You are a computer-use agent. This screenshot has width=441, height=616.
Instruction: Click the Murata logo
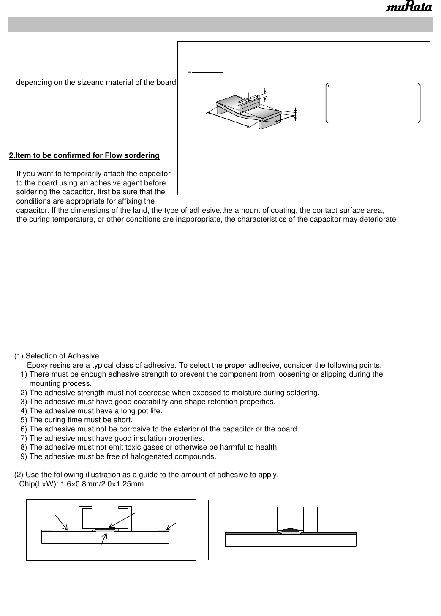409,8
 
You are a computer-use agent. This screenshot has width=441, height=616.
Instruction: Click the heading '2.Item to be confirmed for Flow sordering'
84,156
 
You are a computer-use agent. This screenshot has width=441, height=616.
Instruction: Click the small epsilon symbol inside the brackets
329,87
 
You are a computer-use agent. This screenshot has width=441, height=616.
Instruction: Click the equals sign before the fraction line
189,72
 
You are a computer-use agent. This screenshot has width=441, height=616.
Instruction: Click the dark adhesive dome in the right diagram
291,529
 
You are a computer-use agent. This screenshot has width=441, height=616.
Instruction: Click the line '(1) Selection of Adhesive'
57,356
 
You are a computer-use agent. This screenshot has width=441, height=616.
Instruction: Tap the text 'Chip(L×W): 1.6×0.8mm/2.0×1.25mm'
82,484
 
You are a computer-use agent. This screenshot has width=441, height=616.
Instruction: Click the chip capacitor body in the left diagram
105,518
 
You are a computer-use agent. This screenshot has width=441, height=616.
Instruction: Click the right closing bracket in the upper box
419,103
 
